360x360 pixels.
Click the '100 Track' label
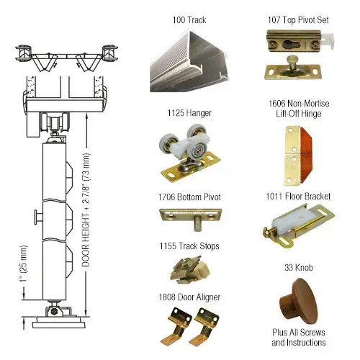point(187,19)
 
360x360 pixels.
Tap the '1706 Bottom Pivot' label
point(187,197)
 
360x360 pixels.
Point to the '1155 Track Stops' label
point(187,246)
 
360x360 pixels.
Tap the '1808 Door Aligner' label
point(187,295)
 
